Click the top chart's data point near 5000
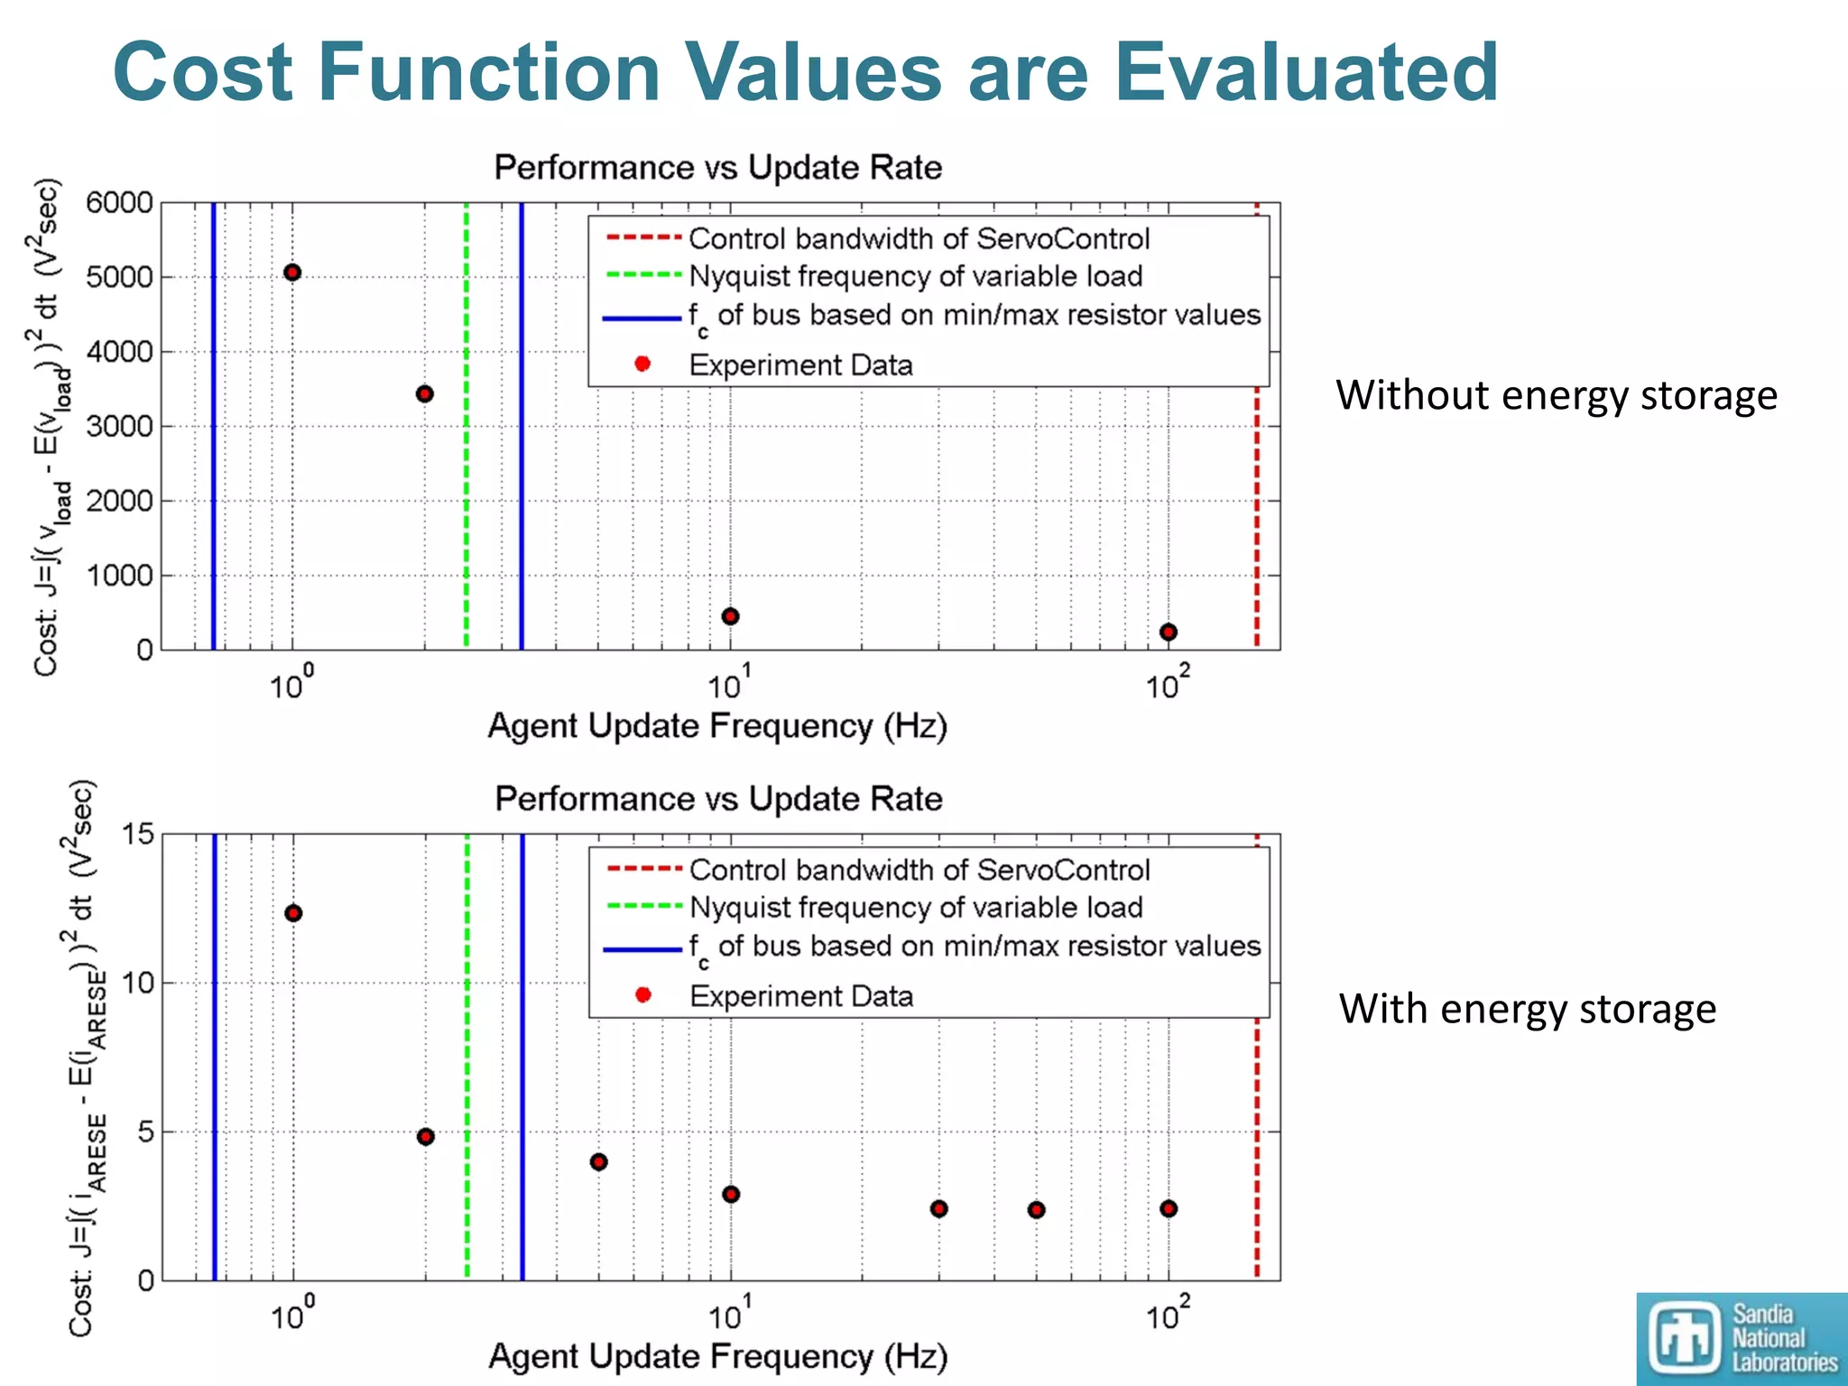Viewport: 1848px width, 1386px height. (x=292, y=273)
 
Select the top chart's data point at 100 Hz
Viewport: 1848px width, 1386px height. (x=1169, y=632)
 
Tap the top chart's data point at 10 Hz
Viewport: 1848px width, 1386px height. (x=731, y=616)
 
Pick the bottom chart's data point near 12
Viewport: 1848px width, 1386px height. (x=293, y=913)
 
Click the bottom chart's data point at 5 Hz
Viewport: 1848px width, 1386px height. (x=599, y=1161)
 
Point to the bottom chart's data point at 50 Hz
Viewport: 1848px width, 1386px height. (x=1037, y=1209)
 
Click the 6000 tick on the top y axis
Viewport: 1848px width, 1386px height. (x=119, y=203)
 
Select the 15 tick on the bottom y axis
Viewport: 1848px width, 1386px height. (x=137, y=834)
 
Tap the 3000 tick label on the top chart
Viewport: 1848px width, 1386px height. (x=119, y=426)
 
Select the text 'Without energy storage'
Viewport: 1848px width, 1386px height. (x=1556, y=395)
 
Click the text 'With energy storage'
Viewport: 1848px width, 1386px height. (x=1527, y=1009)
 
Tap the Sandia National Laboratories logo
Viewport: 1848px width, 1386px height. (x=1742, y=1338)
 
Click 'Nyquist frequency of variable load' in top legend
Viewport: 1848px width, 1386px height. (x=915, y=276)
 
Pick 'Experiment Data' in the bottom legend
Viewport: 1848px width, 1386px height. (x=800, y=996)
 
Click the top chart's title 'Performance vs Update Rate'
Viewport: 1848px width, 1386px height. (x=717, y=168)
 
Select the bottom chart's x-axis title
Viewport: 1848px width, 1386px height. (x=717, y=1356)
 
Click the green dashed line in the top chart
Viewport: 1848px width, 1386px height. (x=467, y=505)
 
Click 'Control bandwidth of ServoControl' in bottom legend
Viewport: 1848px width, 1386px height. (x=919, y=870)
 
